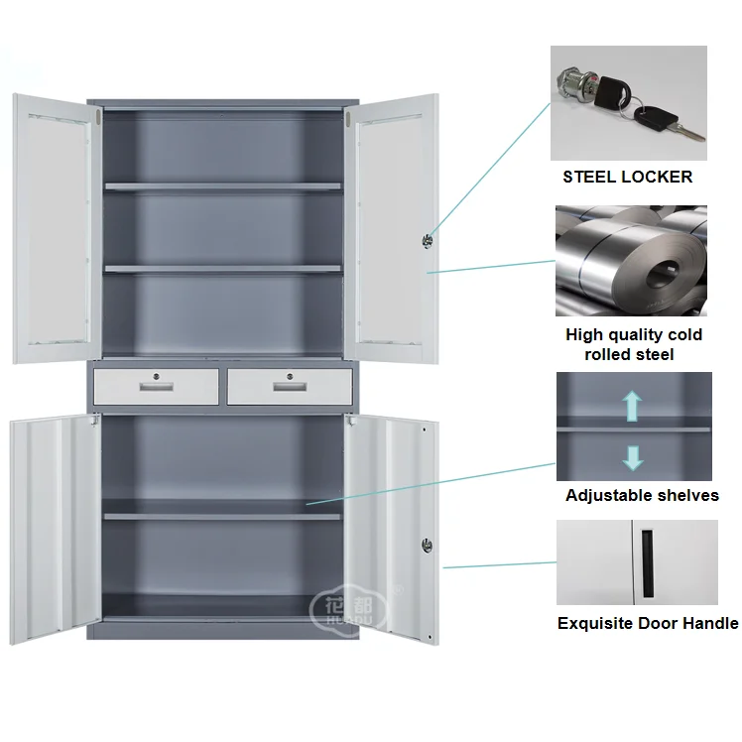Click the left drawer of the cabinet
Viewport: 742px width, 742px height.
(156, 387)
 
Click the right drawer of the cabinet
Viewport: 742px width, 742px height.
(288, 387)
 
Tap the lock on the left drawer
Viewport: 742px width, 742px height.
(157, 376)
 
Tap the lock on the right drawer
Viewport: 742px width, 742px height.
(290, 376)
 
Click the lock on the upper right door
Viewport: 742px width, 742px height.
(428, 239)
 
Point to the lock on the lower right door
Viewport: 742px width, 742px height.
(428, 544)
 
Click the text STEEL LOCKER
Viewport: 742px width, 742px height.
(627, 178)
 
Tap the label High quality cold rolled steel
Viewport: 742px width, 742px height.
(633, 344)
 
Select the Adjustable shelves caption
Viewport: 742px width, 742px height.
(642, 495)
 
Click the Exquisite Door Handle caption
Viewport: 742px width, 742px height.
(647, 623)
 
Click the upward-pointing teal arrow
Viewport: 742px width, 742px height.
(633, 405)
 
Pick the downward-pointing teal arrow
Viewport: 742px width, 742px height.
(633, 456)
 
